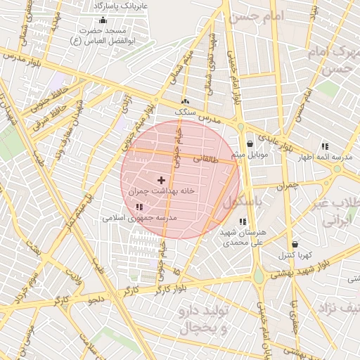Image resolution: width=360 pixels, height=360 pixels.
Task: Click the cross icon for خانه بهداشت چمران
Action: point(161,181)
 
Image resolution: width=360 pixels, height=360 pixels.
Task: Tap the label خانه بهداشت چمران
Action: point(161,191)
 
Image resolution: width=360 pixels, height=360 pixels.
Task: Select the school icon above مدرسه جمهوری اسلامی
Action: point(139,207)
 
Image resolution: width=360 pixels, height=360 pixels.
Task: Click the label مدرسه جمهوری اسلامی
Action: point(140,218)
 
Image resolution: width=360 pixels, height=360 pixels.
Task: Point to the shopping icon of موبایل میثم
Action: point(250,144)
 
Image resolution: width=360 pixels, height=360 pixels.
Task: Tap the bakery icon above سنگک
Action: point(185,101)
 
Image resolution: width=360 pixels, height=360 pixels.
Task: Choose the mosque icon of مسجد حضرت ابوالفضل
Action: point(103,20)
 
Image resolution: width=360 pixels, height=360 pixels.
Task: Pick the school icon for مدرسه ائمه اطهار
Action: point(325,146)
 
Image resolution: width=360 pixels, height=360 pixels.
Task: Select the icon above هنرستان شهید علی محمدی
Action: point(243,222)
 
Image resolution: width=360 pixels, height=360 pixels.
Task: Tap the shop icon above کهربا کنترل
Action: point(295,244)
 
